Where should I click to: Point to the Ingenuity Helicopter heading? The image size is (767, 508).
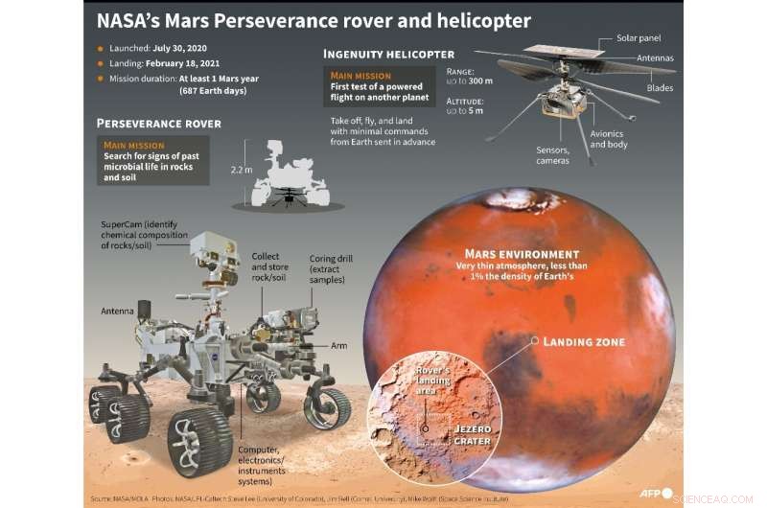(388, 54)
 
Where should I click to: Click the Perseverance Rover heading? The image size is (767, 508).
(159, 124)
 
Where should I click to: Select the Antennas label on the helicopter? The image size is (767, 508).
(655, 58)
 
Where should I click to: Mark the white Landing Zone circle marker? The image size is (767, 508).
(532, 341)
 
